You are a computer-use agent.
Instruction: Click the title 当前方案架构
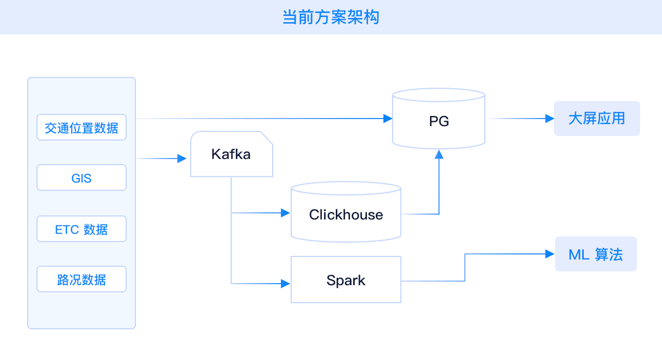pos(331,17)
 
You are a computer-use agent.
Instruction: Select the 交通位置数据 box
pos(81,127)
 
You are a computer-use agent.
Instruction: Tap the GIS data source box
pos(81,178)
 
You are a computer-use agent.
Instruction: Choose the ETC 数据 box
pos(81,229)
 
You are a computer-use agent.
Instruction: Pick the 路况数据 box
pos(81,280)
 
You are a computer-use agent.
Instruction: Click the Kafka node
pos(231,154)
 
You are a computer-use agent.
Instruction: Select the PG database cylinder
pos(439,119)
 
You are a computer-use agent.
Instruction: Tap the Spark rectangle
pos(346,280)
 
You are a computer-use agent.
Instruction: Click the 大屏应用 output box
pos(597,119)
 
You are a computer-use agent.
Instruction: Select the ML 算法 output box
pos(596,254)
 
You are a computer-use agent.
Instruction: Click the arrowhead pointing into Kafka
pos(182,159)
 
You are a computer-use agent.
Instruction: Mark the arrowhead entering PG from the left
pos(387,119)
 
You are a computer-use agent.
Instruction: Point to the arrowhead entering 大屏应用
pos(550,119)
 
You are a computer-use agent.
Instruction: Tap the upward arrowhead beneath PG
pos(439,155)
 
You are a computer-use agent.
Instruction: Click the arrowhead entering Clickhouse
pos(285,213)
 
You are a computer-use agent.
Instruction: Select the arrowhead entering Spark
pos(285,284)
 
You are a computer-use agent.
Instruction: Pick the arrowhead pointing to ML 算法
pos(550,254)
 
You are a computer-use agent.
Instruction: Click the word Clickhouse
pos(346,215)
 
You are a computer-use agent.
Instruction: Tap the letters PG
pos(439,121)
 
